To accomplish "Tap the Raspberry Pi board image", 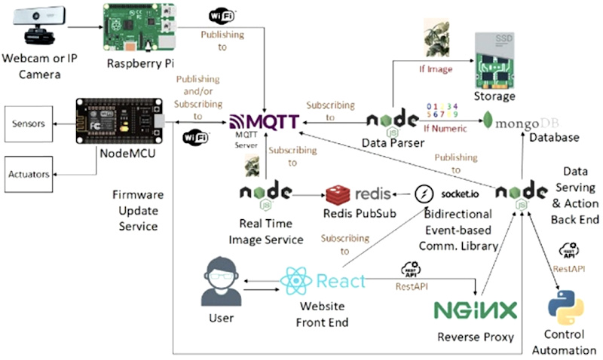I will tap(136, 29).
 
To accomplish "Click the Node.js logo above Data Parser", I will tap(392, 121).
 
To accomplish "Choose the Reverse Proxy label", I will tap(475, 337).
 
